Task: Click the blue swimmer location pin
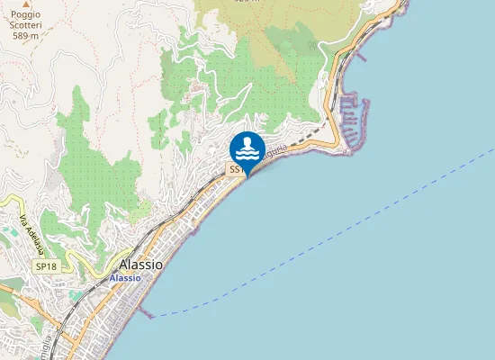point(247,148)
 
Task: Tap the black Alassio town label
point(141,265)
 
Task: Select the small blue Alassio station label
point(124,278)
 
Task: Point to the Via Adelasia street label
point(32,233)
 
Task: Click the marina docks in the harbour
point(351,117)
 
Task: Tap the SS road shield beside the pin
point(234,169)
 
